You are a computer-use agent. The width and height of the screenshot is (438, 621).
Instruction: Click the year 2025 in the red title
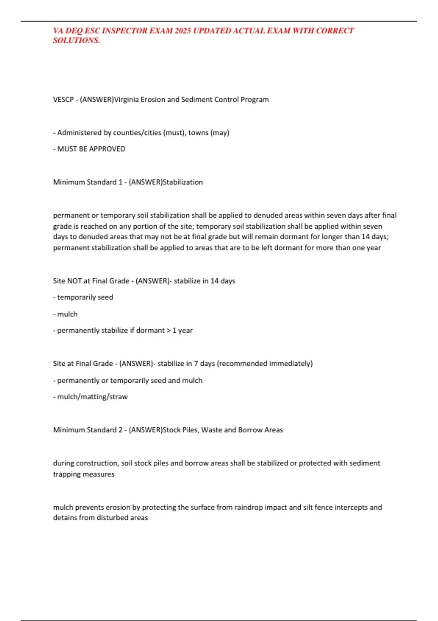click(182, 31)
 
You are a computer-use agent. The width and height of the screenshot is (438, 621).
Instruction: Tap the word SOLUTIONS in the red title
click(76, 41)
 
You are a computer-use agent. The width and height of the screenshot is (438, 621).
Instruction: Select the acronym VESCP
click(63, 99)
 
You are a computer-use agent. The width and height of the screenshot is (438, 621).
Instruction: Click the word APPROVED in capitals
click(108, 149)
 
